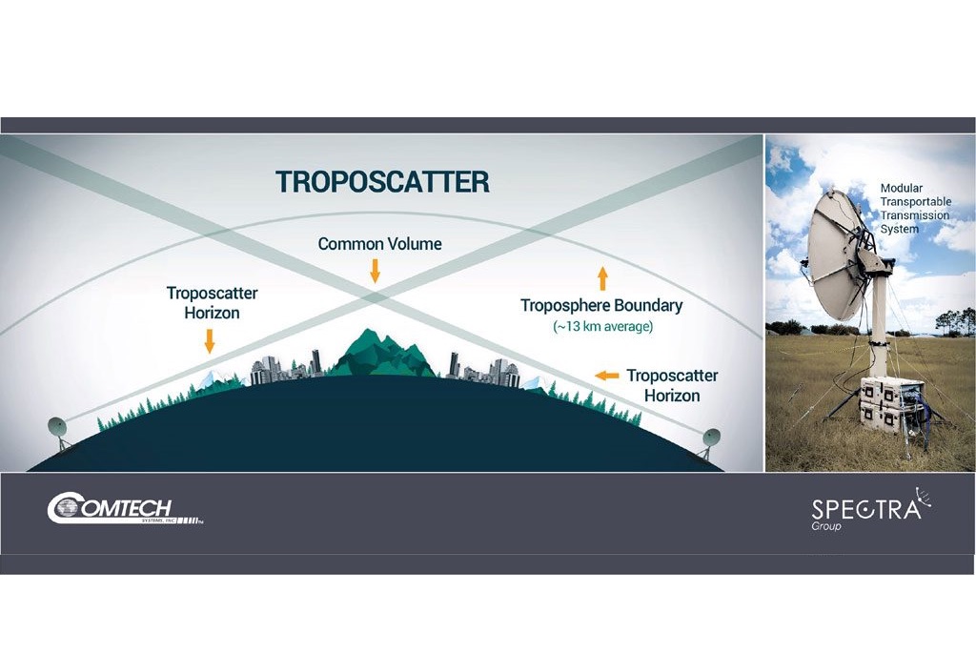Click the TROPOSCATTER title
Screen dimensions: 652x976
tap(382, 181)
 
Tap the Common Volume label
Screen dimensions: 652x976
tap(379, 244)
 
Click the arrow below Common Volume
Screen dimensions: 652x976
tap(375, 271)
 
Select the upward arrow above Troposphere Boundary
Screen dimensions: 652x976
tap(601, 278)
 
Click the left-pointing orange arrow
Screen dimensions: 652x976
tap(606, 376)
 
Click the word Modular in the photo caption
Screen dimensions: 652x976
tap(902, 189)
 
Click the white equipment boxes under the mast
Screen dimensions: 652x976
tap(890, 405)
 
